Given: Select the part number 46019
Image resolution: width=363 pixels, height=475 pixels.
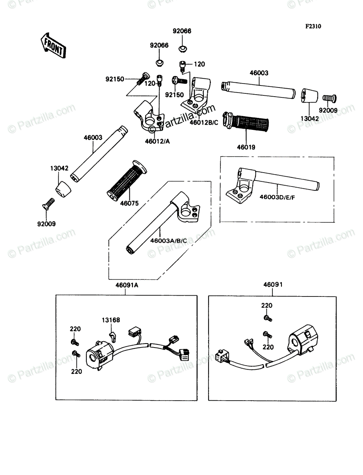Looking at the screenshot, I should tap(246, 147).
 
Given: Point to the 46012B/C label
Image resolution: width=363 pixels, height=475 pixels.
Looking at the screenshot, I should tap(204, 122).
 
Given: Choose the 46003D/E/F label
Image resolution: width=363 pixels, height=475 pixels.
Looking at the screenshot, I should tap(277, 196).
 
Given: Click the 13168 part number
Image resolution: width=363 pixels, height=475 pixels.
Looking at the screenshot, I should tap(111, 320).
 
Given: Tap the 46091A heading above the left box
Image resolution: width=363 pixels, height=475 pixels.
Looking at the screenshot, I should tap(125, 285).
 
